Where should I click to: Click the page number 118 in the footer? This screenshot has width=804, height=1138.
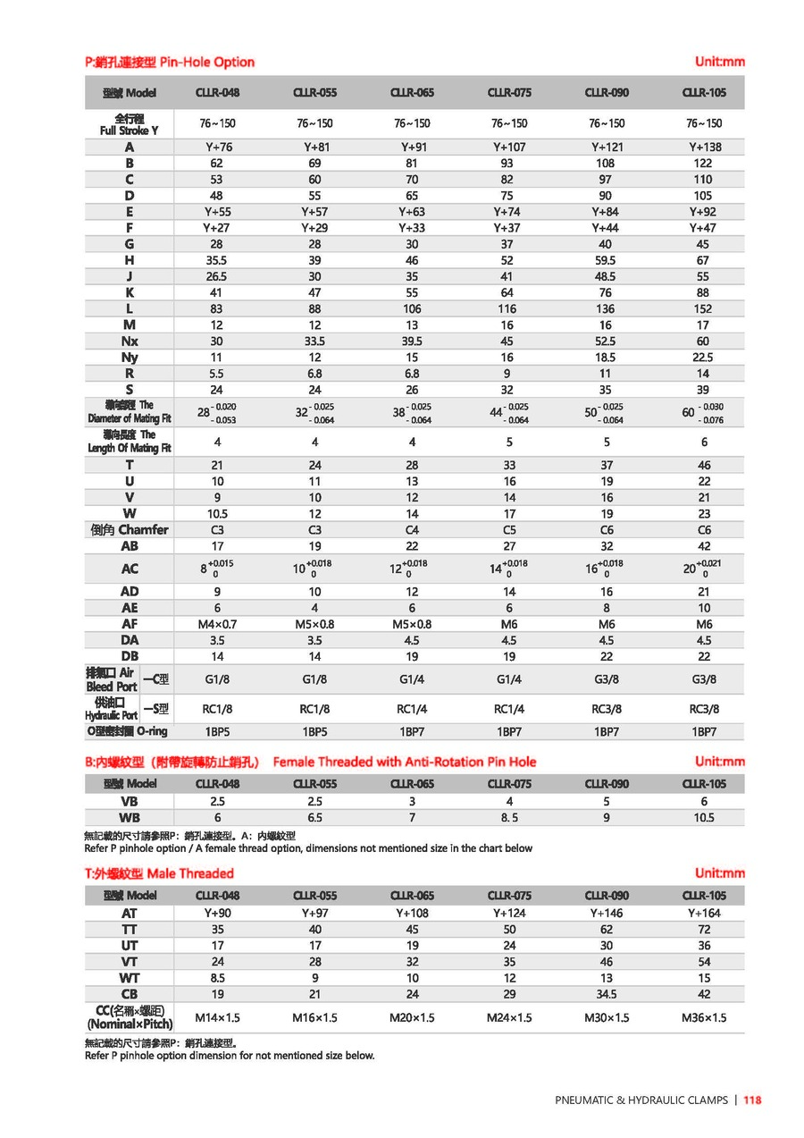pyautogui.click(x=751, y=1100)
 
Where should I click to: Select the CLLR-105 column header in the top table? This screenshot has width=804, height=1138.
pyautogui.click(x=703, y=92)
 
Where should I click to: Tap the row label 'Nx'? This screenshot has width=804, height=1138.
pyautogui.click(x=130, y=341)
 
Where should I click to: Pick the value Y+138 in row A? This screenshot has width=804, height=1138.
pyautogui.click(x=704, y=147)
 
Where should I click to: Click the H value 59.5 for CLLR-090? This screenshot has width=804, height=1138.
pyautogui.click(x=606, y=260)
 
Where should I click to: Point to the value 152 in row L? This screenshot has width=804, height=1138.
pyautogui.click(x=703, y=308)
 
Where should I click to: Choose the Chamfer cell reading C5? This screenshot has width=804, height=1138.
pyautogui.click(x=509, y=529)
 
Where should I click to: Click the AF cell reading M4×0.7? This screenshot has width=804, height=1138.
pyautogui.click(x=217, y=623)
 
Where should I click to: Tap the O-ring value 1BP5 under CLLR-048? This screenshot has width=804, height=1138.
pyautogui.click(x=217, y=731)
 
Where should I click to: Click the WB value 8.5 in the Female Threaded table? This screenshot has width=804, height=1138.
pyautogui.click(x=509, y=817)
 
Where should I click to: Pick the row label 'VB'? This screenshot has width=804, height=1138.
pyautogui.click(x=130, y=801)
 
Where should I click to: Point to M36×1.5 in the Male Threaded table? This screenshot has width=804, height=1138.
pyautogui.click(x=703, y=1017)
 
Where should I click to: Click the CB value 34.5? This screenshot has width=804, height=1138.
pyautogui.click(x=606, y=993)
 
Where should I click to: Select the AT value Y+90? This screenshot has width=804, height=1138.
pyautogui.click(x=217, y=913)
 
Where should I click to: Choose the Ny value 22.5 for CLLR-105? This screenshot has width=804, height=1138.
pyautogui.click(x=703, y=357)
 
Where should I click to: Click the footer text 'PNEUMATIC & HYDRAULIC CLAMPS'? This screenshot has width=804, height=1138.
pyautogui.click(x=641, y=1100)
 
